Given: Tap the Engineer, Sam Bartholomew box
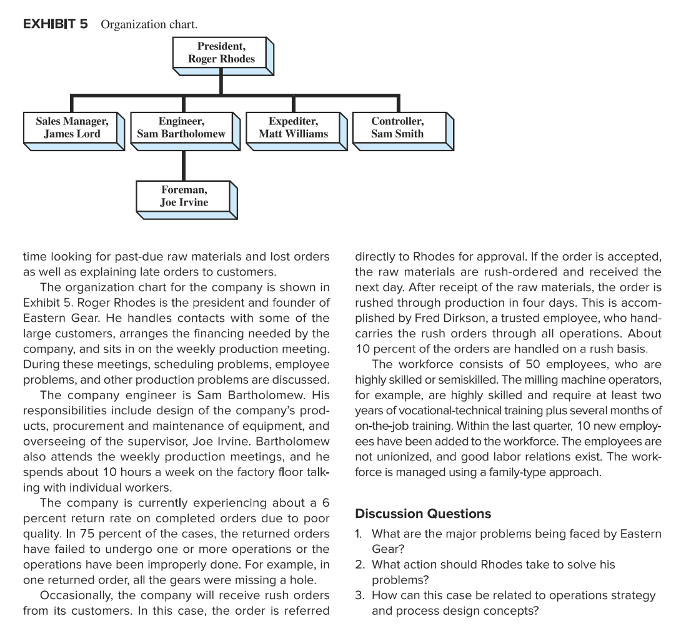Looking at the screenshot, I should (182, 127).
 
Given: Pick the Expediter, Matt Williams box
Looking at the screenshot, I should (293, 127).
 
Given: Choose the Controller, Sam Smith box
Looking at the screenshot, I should (397, 127).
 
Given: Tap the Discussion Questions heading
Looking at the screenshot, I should (422, 514).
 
